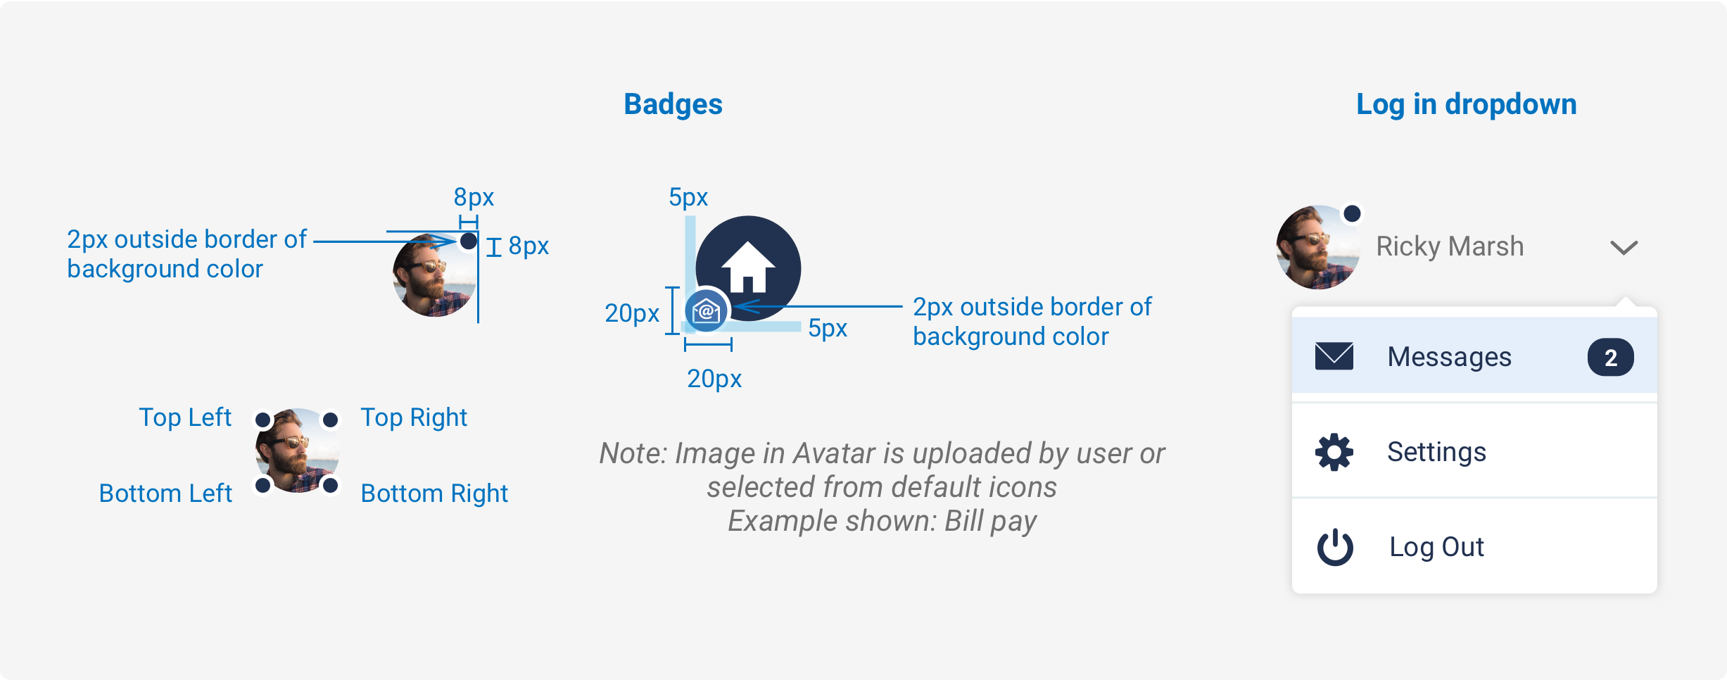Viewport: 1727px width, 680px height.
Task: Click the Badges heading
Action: point(673,104)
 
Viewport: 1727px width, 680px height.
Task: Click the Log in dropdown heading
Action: point(1466,105)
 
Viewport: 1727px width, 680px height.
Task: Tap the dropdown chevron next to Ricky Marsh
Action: point(1624,247)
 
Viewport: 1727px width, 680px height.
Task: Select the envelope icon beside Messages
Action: point(1334,356)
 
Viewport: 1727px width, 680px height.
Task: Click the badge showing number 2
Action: point(1610,357)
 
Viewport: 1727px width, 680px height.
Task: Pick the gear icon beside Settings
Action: point(1334,452)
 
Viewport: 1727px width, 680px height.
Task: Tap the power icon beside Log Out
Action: point(1334,547)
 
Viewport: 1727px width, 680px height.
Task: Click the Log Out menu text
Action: point(1436,547)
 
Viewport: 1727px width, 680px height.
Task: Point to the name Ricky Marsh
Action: point(1450,246)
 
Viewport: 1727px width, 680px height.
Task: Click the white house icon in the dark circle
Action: point(748,267)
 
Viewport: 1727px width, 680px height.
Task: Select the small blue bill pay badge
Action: point(706,310)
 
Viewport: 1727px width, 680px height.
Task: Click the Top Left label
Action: point(185,417)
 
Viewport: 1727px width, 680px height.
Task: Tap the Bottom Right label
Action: point(434,493)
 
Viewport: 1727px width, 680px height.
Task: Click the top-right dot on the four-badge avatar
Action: point(330,420)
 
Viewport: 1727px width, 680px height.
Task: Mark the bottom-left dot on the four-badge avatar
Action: point(262,485)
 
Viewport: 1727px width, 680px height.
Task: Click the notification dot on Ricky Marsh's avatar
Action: point(1352,213)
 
